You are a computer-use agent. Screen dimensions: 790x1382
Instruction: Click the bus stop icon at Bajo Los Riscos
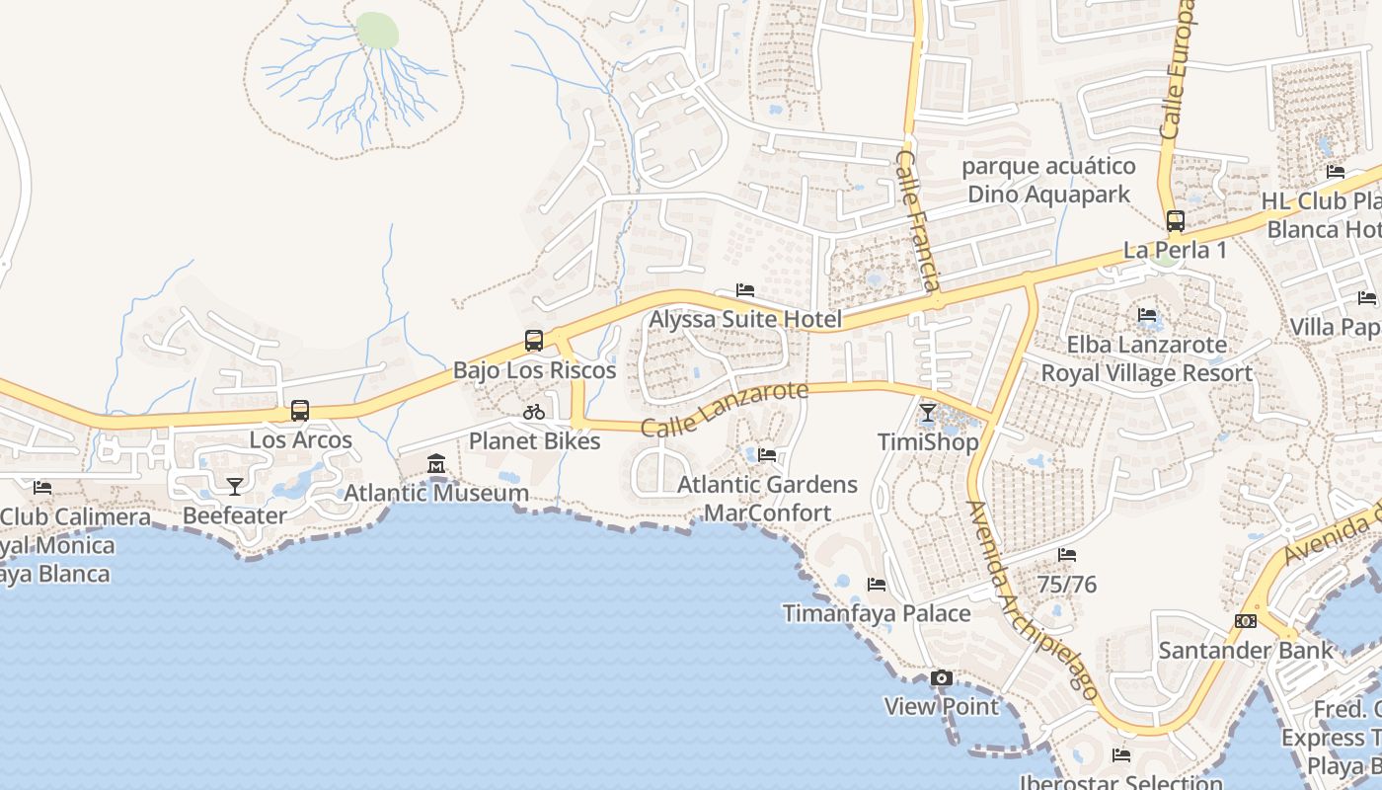[x=534, y=341]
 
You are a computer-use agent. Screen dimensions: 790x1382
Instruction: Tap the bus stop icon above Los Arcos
[x=300, y=411]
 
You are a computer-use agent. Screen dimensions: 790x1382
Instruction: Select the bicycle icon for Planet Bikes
[x=534, y=412]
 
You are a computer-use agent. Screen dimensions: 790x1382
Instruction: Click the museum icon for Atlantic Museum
[x=436, y=463]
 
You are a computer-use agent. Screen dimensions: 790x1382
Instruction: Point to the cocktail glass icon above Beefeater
[x=235, y=486]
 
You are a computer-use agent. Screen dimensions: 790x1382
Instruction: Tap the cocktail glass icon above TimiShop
[x=928, y=412]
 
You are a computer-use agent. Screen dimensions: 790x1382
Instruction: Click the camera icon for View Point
[x=942, y=677]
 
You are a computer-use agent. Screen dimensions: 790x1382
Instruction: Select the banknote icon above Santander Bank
[x=1246, y=621]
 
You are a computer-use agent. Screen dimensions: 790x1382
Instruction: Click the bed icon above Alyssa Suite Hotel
[x=745, y=290]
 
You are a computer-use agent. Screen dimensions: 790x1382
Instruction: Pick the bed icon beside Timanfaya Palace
[x=876, y=585]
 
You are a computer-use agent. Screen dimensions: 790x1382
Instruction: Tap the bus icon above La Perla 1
[x=1175, y=220]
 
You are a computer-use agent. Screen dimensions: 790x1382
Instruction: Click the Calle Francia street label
[x=917, y=220]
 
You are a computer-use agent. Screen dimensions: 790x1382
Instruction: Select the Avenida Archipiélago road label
[x=1032, y=601]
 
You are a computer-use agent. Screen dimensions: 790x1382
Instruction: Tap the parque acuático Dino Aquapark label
[x=1048, y=180]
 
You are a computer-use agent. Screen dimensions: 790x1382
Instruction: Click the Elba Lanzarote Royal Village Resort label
[x=1147, y=358]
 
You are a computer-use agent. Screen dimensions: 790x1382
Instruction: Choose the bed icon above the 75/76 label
[x=1067, y=555]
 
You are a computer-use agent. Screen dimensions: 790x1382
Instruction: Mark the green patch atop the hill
[x=377, y=31]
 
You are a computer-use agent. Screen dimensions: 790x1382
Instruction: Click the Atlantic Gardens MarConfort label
[x=767, y=499]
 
